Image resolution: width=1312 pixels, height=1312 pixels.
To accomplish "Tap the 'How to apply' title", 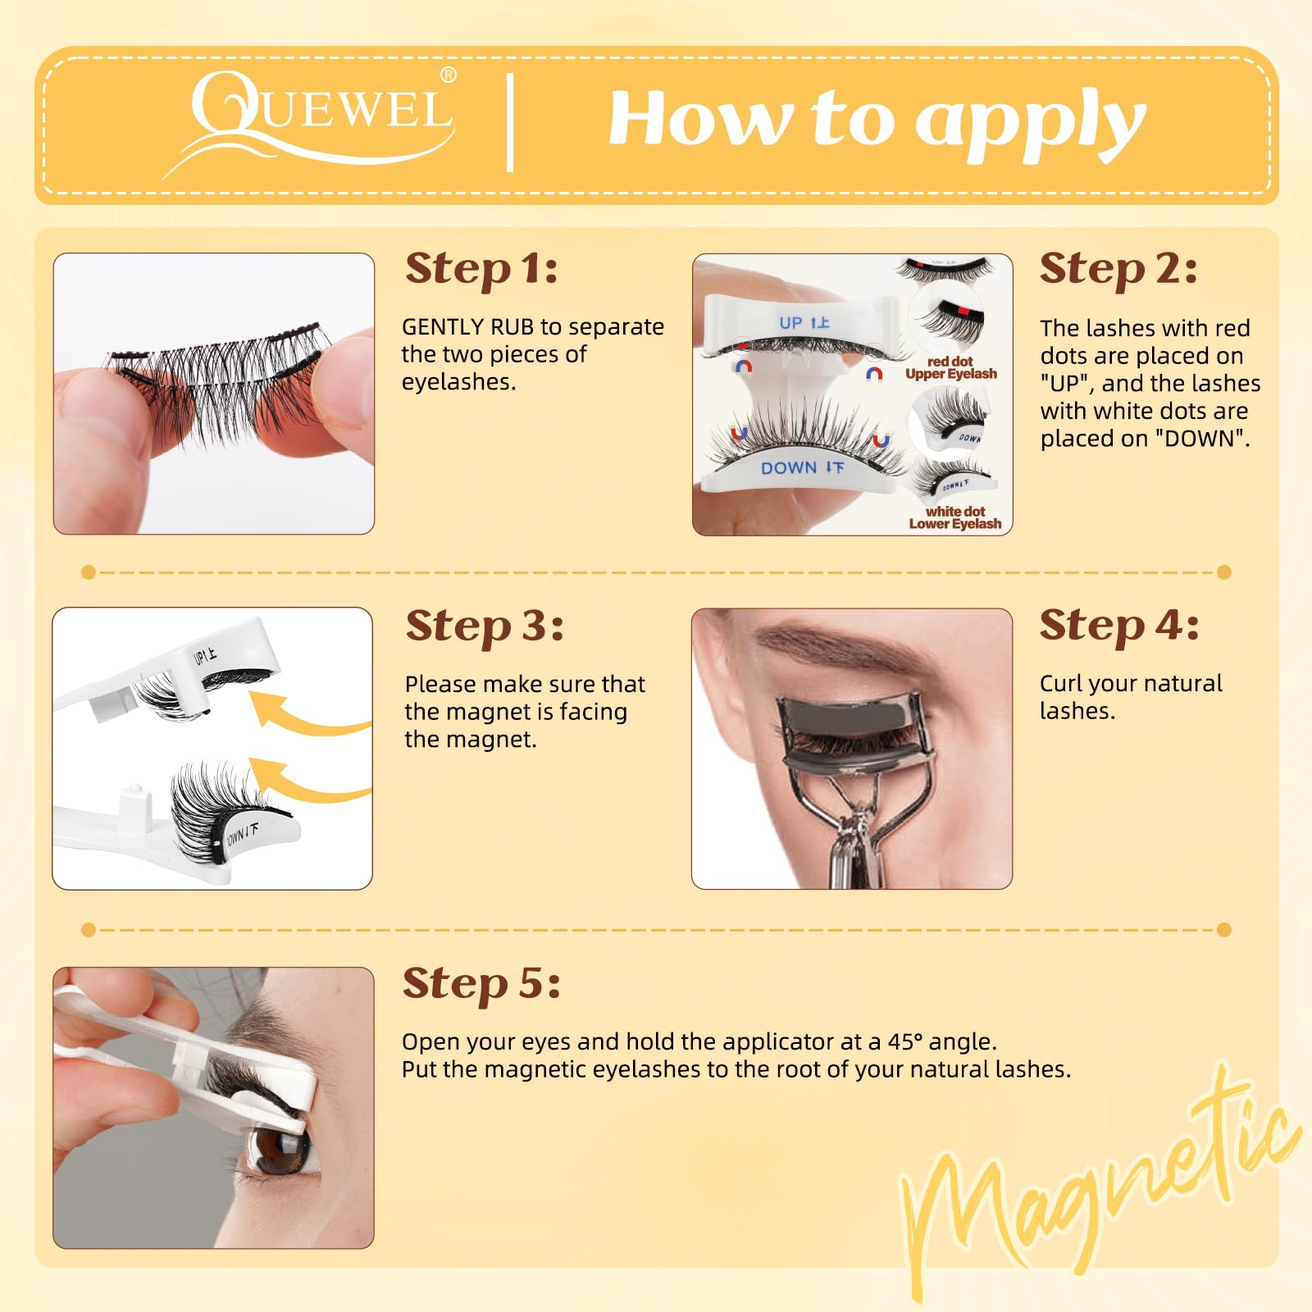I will tap(876, 121).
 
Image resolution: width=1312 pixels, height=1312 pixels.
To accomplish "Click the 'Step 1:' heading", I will tap(481, 269).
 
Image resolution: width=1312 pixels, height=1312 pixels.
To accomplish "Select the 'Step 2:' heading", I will tap(1118, 269).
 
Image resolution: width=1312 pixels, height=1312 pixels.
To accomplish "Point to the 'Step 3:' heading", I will tap(485, 626).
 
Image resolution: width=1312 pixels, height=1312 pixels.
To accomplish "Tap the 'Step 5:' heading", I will tap(481, 983).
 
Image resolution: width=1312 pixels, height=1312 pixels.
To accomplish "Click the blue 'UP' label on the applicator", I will tap(804, 323).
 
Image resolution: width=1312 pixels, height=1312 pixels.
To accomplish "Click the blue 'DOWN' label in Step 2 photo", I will tap(801, 468).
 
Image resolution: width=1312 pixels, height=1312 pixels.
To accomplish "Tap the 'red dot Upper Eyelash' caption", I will tap(951, 367).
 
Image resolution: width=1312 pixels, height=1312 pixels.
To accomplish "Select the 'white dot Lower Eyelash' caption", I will tap(955, 517).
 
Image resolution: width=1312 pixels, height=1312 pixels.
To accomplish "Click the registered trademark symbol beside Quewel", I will tap(449, 75).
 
